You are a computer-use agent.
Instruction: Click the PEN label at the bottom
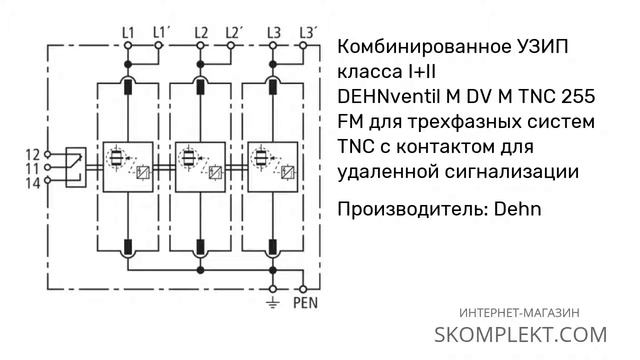pyautogui.click(x=305, y=301)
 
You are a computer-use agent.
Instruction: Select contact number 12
pyautogui.click(x=33, y=155)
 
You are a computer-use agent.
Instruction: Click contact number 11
pyautogui.click(x=33, y=169)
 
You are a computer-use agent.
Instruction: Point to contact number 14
pyautogui.click(x=33, y=182)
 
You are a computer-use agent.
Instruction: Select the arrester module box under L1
pyautogui.click(x=127, y=167)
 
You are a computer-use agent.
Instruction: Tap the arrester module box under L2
pyautogui.click(x=200, y=167)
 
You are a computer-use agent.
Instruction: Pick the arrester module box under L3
pyautogui.click(x=273, y=167)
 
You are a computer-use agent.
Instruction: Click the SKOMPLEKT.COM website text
pyautogui.click(x=520, y=333)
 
